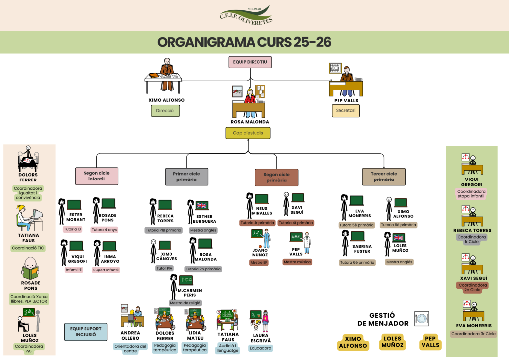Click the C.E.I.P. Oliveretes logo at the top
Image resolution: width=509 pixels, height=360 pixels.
246,15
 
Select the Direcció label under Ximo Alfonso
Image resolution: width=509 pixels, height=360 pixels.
165,111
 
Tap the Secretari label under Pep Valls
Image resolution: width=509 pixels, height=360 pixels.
345,111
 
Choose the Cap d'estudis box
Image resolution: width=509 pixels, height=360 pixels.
248,133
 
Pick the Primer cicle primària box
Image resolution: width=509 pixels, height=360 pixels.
186,177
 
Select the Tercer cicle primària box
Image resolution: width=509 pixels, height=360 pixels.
384,177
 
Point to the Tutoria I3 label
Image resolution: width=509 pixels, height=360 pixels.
73,229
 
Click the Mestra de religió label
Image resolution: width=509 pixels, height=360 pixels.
185,303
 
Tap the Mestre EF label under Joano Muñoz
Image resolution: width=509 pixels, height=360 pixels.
259,262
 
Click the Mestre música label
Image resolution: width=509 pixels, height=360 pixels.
297,262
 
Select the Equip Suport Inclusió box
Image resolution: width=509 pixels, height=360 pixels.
85,331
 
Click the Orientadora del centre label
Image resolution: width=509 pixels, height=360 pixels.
130,349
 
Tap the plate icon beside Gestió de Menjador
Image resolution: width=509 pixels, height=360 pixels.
421,319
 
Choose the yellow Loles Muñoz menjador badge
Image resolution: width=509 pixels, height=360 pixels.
392,342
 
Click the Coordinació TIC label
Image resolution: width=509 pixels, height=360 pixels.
28,248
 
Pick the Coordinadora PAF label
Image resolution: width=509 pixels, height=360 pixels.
28,349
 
